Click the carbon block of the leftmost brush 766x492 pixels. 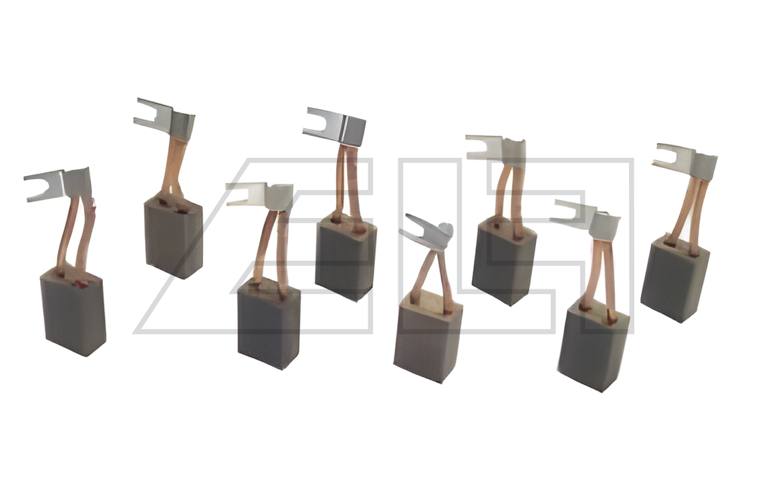74,311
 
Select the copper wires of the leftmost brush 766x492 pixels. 76,234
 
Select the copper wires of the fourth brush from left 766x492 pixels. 348,184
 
